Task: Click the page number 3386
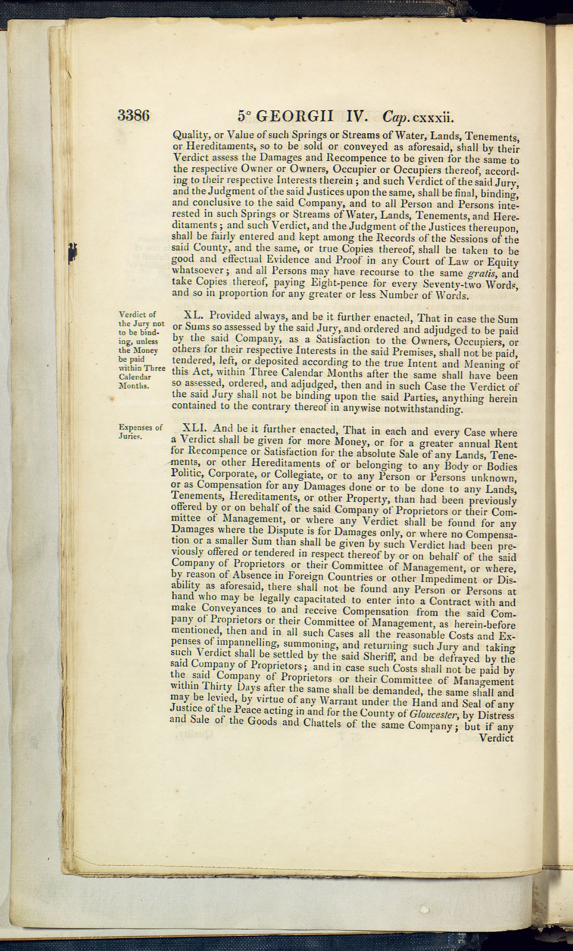tap(134, 115)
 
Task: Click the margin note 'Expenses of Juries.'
tap(140, 432)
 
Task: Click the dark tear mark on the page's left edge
tap(72, 253)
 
